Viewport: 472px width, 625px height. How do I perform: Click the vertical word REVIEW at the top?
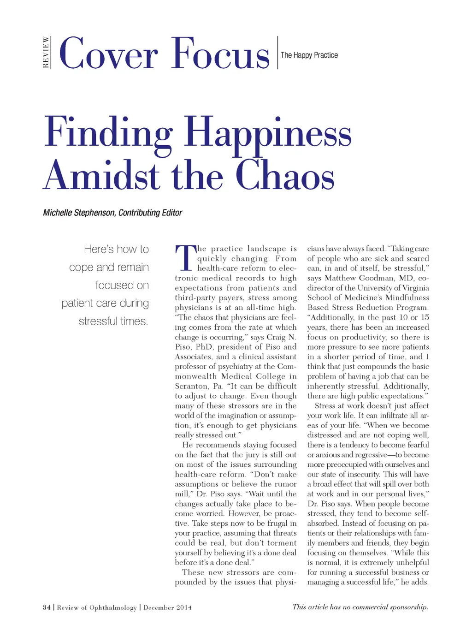(46, 53)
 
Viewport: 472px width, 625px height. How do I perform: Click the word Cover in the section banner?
(108, 54)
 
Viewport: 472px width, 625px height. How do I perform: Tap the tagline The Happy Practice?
(309, 55)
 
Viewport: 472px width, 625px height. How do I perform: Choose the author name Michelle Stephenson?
(79, 213)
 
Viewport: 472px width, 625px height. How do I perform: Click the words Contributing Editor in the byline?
(150, 213)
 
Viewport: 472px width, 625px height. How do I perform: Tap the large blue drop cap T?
(185, 258)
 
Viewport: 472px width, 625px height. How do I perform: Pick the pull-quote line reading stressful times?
(113, 321)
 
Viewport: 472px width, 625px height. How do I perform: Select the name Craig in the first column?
(276, 337)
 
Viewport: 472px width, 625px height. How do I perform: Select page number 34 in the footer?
(47, 607)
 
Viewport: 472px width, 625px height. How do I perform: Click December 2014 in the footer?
(167, 607)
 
